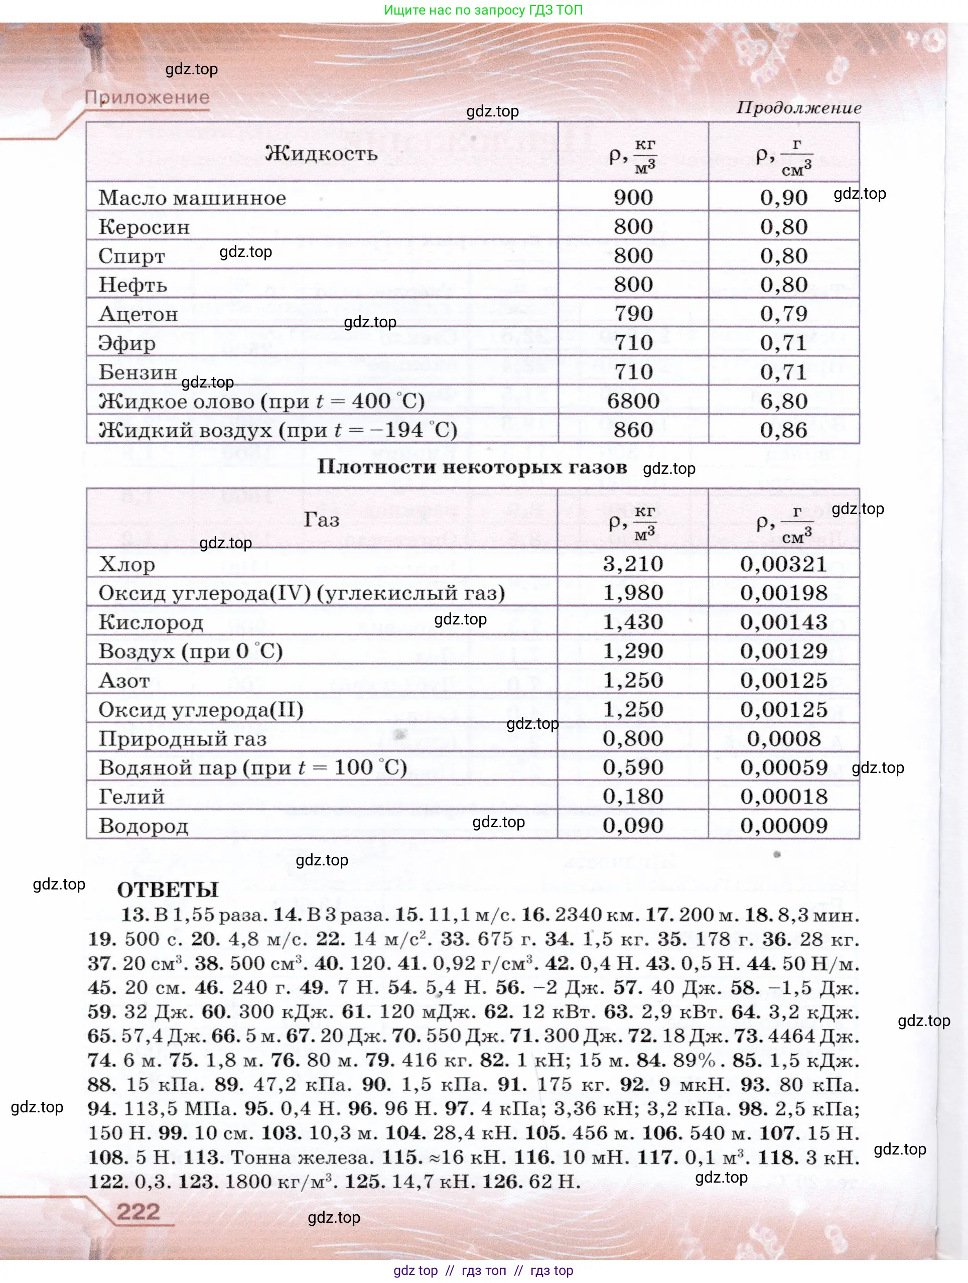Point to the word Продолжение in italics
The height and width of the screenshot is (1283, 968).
799,108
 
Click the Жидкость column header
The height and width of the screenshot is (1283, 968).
321,153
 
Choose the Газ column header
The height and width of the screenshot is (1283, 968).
321,520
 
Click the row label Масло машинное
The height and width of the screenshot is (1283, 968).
192,198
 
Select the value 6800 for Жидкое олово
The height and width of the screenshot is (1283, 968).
633,401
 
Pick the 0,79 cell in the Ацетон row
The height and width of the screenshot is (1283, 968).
783,314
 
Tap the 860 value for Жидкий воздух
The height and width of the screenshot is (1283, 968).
633,430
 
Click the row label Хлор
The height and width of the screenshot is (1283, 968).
126,564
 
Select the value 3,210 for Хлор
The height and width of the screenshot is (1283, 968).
633,564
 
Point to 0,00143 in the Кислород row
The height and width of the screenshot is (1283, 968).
783,622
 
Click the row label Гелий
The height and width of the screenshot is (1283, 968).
131,797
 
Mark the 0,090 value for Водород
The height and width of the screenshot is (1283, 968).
633,825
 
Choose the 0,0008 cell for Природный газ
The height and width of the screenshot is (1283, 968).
783,738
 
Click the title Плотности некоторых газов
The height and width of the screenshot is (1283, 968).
472,467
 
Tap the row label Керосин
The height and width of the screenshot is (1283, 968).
144,227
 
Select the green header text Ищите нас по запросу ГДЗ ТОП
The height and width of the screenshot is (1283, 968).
483,10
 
